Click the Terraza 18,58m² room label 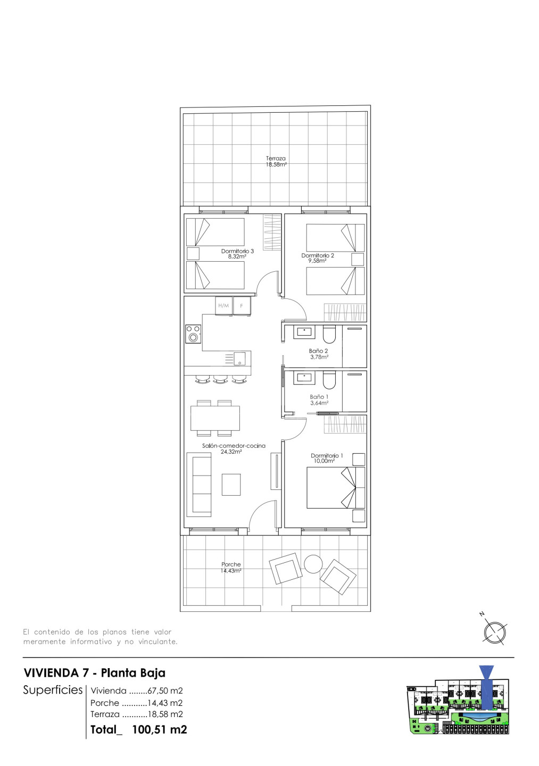pos(276,161)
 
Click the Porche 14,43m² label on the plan pos(231,567)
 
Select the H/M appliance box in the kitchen pos(223,306)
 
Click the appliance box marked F pos(242,306)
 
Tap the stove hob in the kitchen pos(193,334)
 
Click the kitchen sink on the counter pos(240,359)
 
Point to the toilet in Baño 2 pos(329,334)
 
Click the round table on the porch pos(313,564)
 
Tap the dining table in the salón pos(215,418)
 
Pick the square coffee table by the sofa pos(231,485)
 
